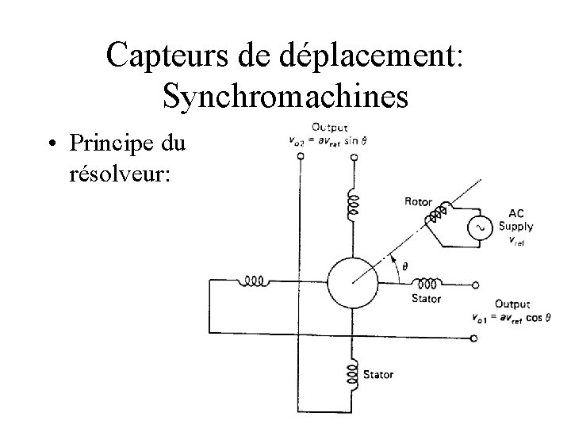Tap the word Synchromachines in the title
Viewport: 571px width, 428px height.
click(285, 95)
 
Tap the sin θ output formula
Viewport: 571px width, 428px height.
click(334, 141)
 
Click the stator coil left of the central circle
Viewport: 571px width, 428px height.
click(254, 281)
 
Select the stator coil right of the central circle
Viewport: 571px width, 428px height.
click(428, 282)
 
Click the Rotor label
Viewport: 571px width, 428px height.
click(418, 202)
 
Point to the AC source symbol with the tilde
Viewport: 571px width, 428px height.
click(480, 227)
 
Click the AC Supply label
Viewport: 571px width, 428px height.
click(515, 220)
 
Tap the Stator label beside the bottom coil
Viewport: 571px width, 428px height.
click(377, 374)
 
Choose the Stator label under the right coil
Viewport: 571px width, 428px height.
click(426, 299)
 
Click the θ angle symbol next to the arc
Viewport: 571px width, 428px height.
click(406, 266)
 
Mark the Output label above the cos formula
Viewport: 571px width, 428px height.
click(512, 304)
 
